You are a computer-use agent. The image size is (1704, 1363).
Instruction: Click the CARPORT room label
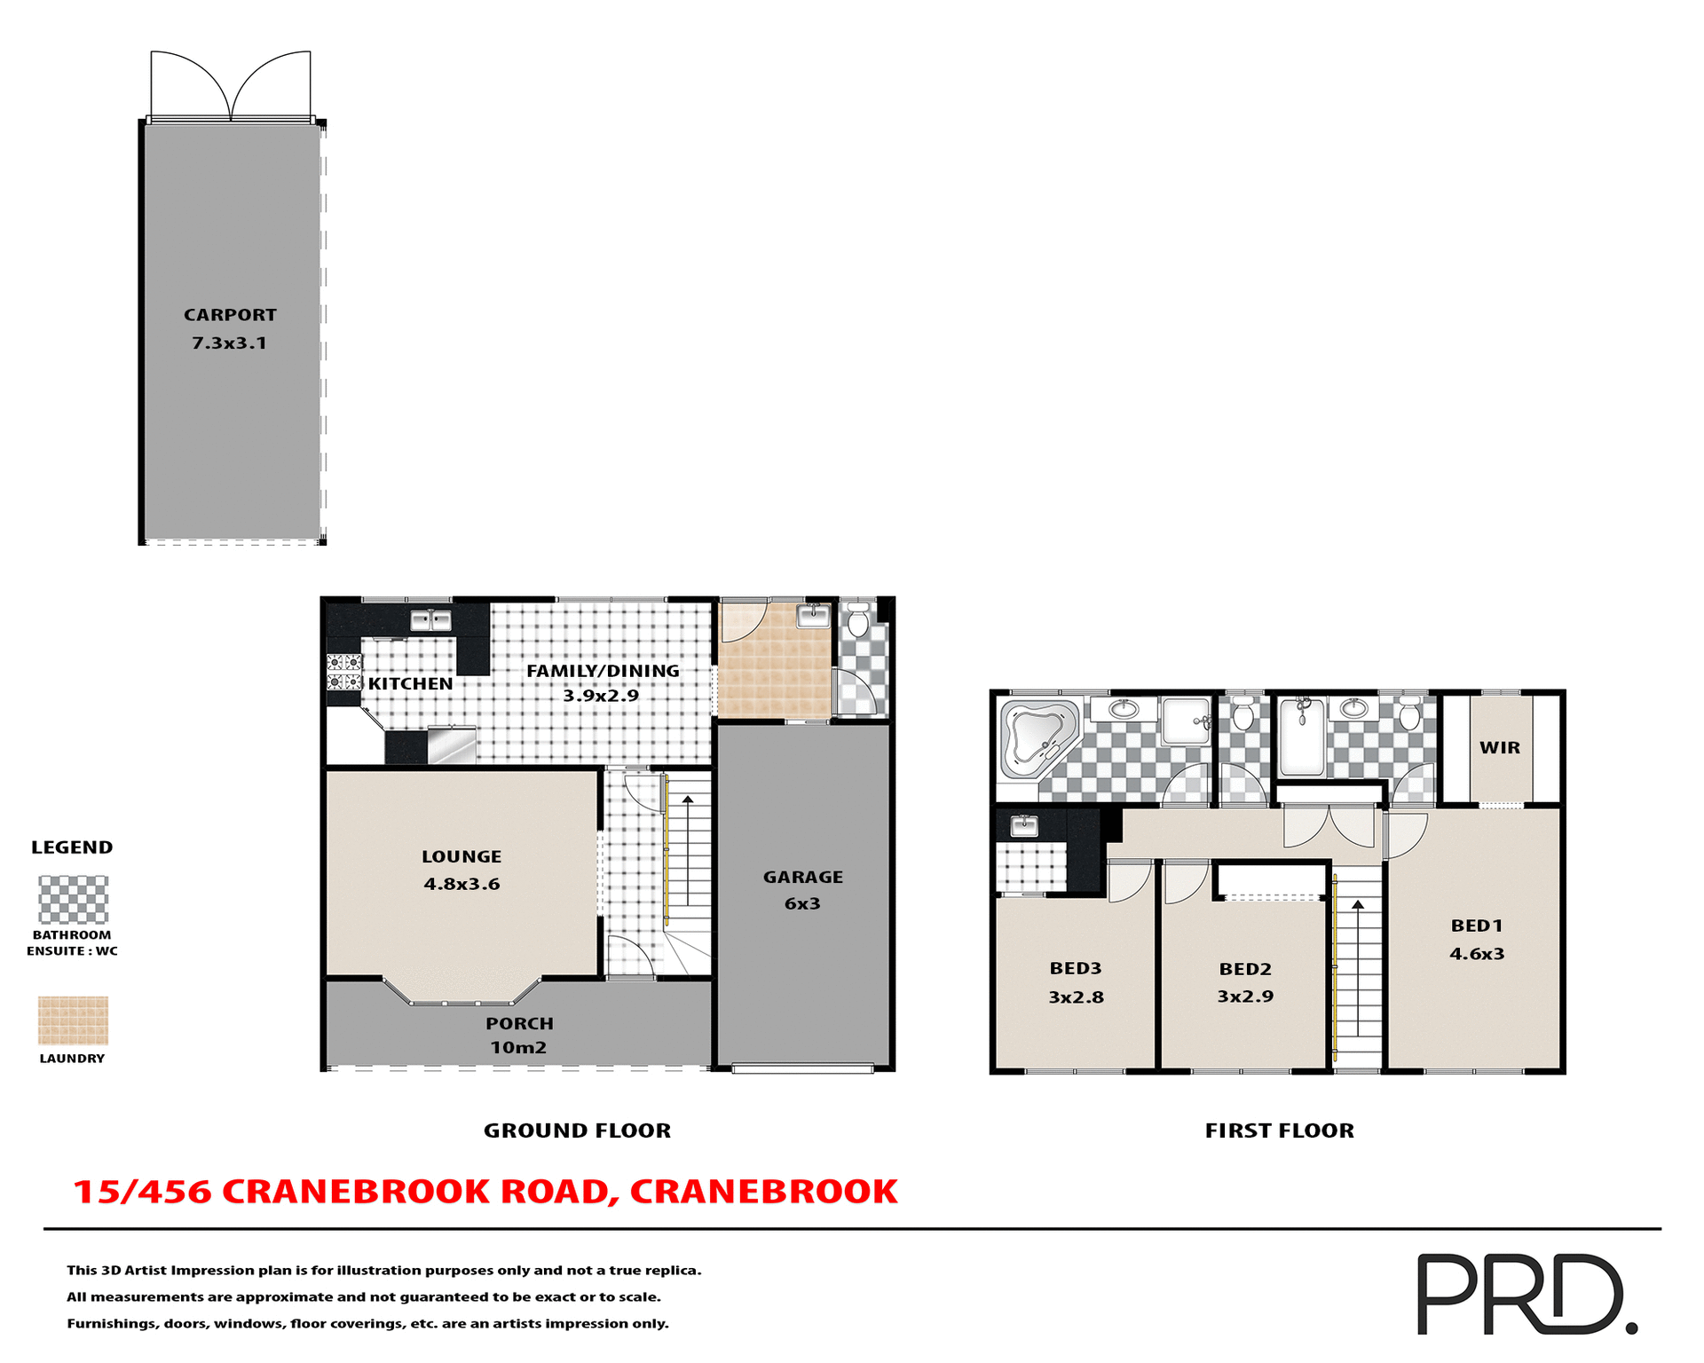tap(230, 315)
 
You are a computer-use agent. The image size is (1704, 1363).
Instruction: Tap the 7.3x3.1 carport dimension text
tap(229, 343)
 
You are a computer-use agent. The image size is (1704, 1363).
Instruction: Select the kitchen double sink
tap(430, 620)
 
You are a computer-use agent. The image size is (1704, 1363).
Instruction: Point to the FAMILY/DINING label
tap(603, 672)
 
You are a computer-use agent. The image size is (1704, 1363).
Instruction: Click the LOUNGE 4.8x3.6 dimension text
tap(461, 885)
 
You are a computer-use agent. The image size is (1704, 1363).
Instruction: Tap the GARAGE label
tap(802, 878)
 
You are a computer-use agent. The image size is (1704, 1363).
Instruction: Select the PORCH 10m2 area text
tap(518, 1048)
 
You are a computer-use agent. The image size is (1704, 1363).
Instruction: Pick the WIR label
tap(1500, 748)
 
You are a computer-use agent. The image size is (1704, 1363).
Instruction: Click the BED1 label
tap(1477, 926)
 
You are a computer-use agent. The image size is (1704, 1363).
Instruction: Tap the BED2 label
tap(1245, 970)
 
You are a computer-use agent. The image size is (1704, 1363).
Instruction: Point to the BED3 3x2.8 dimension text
tap(1076, 997)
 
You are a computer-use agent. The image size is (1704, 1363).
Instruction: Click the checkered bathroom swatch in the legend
tap(73, 900)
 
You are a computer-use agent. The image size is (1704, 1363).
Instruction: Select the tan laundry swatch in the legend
tap(73, 1020)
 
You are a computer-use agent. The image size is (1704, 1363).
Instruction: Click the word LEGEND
tap(72, 847)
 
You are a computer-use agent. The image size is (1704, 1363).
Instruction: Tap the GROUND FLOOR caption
tap(577, 1131)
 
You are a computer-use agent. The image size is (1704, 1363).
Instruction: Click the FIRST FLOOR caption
tap(1279, 1131)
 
